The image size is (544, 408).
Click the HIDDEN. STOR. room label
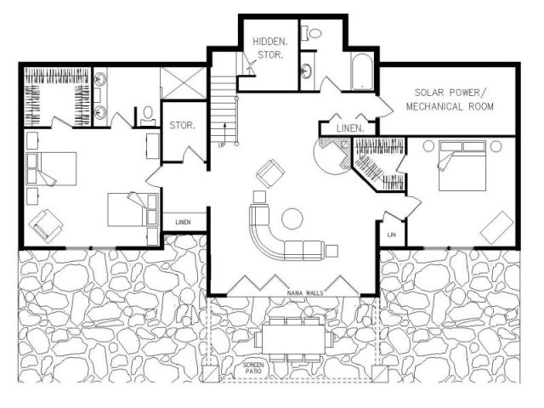pyautogui.click(x=270, y=48)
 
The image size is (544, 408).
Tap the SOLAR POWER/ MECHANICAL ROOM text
pyautogui.click(x=450, y=99)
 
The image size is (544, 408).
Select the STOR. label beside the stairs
pyautogui.click(x=183, y=125)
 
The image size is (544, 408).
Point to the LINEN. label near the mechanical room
pyautogui.click(x=350, y=128)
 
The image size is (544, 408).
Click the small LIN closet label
pyautogui.click(x=391, y=235)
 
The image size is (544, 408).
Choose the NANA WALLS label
pyautogui.click(x=305, y=293)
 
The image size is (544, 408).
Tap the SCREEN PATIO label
pyautogui.click(x=253, y=368)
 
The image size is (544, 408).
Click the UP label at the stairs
pyautogui.click(x=221, y=145)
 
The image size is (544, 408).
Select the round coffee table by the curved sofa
pyautogui.click(x=292, y=218)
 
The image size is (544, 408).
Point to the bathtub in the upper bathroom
pyautogui.click(x=362, y=71)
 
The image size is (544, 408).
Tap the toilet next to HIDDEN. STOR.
pyautogui.click(x=312, y=33)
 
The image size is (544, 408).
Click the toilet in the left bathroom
pyautogui.click(x=148, y=116)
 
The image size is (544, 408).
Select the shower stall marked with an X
pyautogui.click(x=184, y=83)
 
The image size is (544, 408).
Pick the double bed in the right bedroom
pyautogui.click(x=462, y=166)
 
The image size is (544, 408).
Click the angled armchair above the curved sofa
pyautogui.click(x=270, y=173)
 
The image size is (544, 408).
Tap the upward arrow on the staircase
pyautogui.click(x=224, y=133)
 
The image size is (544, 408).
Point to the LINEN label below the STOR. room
pyautogui.click(x=183, y=222)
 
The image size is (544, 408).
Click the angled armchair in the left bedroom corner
pyautogui.click(x=46, y=226)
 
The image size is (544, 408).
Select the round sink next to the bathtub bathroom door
pyautogui.click(x=307, y=71)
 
